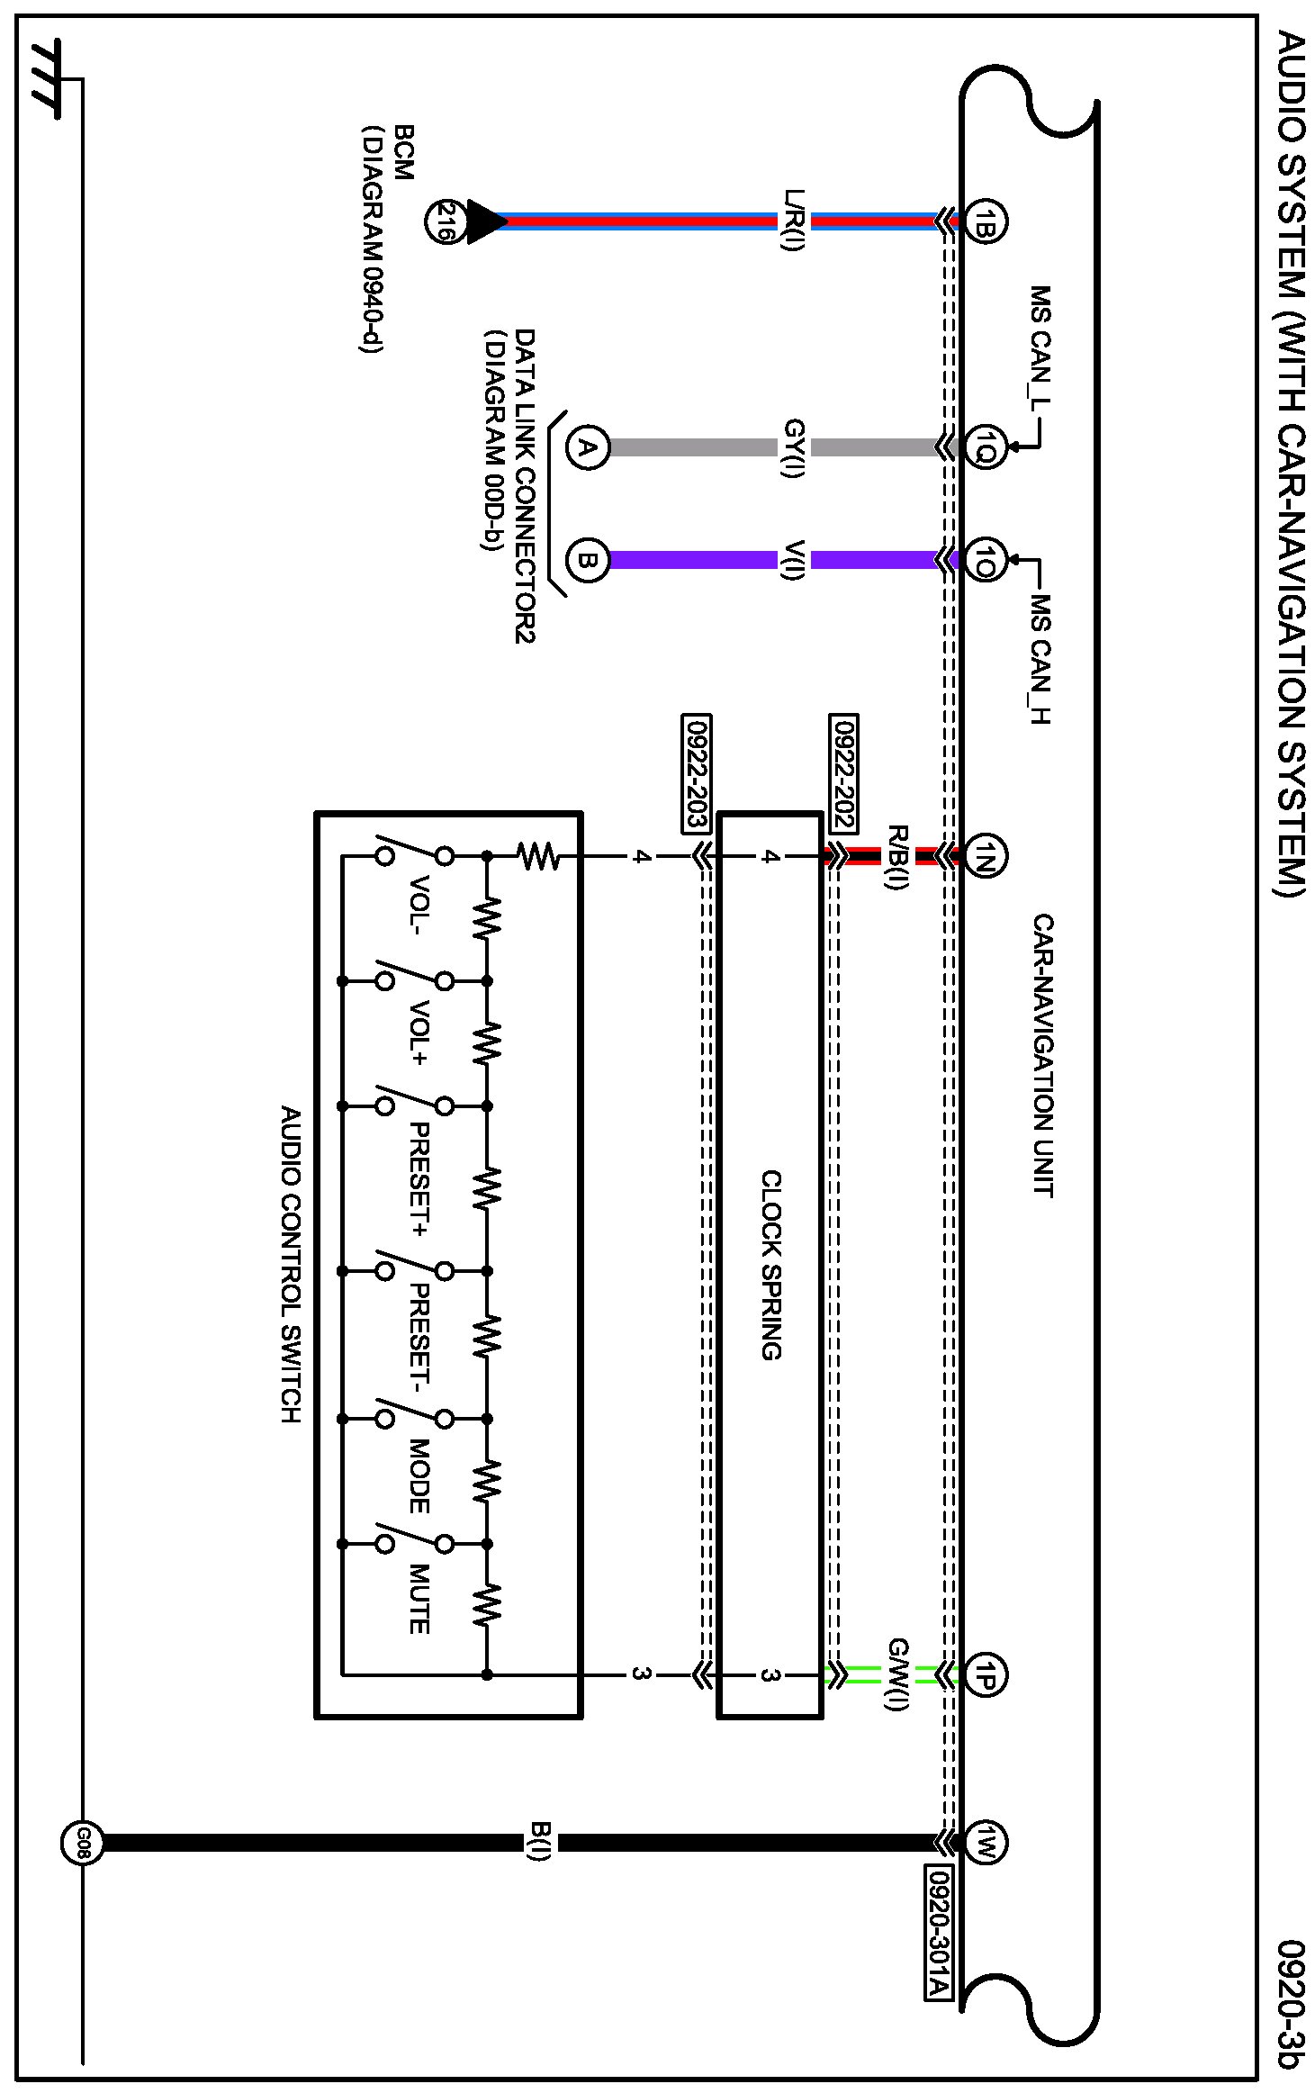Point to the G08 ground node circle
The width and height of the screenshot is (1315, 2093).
coord(82,1843)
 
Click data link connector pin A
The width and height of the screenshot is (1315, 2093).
coord(587,447)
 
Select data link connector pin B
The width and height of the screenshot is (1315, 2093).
coord(587,560)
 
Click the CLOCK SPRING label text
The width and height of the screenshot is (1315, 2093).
coord(771,1264)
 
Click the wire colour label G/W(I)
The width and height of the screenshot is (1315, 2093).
coord(898,1673)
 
